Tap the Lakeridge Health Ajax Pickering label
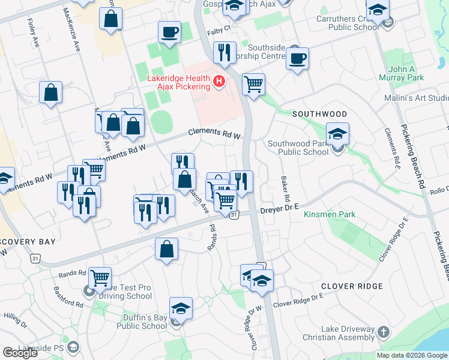179,83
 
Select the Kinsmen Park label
329,214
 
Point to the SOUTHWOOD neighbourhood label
319,114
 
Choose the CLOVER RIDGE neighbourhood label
352,286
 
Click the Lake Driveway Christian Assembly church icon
385,332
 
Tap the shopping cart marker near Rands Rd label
100,278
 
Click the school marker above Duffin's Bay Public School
181,309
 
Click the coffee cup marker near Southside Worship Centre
297,59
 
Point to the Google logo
20,353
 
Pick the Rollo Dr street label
439,190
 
